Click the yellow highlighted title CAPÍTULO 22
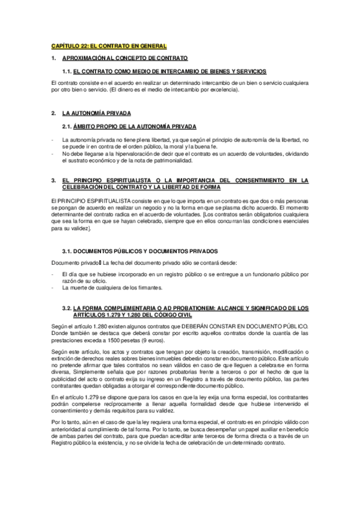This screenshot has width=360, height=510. (x=109, y=46)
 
